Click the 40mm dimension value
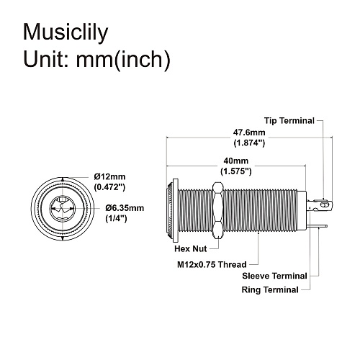click(x=235, y=161)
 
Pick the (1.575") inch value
click(x=235, y=172)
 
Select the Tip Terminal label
click(x=289, y=120)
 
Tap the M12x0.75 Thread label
click(x=211, y=264)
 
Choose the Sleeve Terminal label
click(x=274, y=276)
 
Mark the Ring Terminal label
click(x=269, y=289)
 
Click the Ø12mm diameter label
click(x=110, y=176)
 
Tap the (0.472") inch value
click(x=110, y=187)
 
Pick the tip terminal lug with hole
click(x=325, y=207)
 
